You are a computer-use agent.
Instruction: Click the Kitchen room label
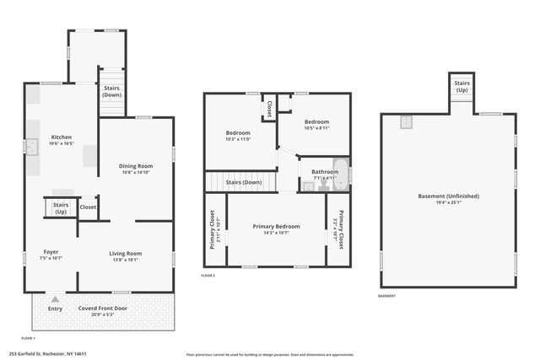[62, 137]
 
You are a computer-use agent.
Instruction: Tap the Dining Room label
[135, 166]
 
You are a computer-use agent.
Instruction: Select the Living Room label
[126, 253]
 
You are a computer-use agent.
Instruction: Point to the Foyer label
[51, 252]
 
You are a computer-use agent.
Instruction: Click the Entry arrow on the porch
[56, 298]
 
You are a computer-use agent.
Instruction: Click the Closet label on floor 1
[88, 207]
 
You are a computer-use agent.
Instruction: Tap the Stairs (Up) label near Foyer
[61, 207]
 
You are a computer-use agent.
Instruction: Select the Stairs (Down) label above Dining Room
[111, 91]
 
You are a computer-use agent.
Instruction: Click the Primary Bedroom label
[276, 227]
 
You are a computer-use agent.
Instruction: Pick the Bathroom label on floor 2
[325, 172]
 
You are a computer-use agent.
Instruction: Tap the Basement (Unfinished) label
[448, 196]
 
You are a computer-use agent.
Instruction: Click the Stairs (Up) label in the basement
[462, 86]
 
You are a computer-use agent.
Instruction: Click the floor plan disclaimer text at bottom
[270, 354]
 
